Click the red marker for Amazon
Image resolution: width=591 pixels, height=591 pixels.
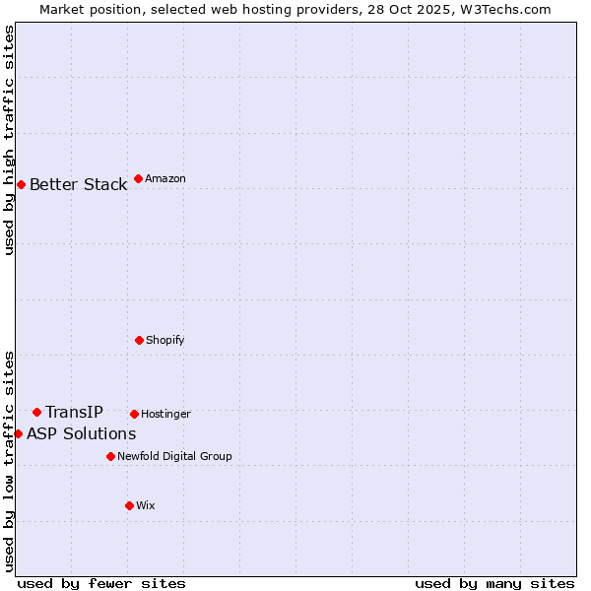pos(138,178)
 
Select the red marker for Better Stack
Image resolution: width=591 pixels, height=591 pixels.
pos(21,184)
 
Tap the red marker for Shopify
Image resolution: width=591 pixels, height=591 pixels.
pos(139,340)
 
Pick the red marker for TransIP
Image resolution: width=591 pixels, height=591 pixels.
pos(36,412)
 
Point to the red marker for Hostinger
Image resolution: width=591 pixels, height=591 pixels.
pos(134,414)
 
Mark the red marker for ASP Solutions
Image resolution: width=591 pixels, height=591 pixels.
pos(18,433)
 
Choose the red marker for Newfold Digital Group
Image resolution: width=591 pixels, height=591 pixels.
pos(110,456)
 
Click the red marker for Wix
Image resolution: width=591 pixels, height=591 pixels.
pos(129,505)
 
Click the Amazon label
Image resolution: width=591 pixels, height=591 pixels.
pos(165,178)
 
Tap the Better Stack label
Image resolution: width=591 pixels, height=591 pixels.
pos(78,185)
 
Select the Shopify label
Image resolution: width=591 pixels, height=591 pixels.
pos(165,340)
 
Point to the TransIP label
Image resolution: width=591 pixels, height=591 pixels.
pos(74,412)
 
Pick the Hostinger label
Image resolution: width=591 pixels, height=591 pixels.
pos(165,414)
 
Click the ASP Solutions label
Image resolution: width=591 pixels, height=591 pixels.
pos(81,433)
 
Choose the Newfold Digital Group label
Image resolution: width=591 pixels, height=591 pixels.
pos(174,456)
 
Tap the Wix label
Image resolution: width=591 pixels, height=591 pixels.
pos(146,505)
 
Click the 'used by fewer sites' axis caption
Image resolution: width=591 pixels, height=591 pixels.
pos(101,583)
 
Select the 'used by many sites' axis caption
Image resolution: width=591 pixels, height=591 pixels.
pos(494,583)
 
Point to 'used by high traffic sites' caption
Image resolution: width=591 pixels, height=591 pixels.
pos(9,140)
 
